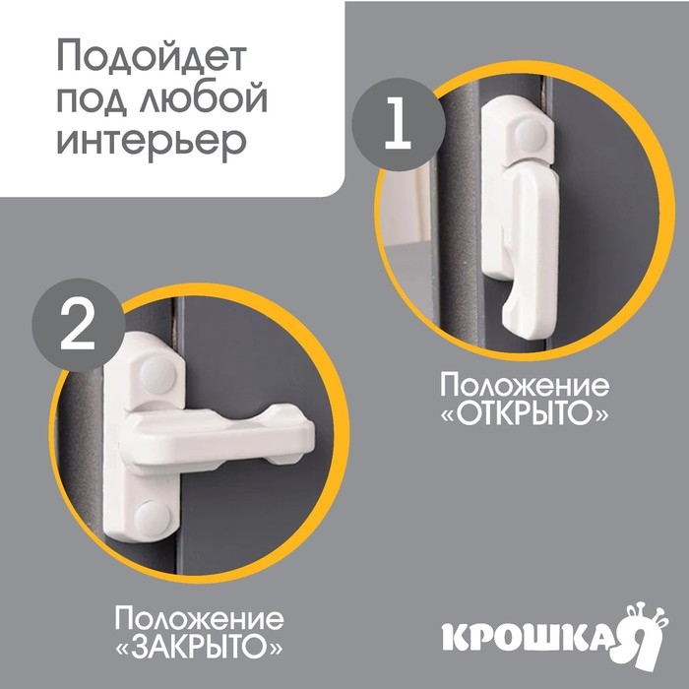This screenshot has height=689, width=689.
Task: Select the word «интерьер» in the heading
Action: coord(151,141)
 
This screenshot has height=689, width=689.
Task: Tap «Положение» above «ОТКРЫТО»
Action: coord(524,384)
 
